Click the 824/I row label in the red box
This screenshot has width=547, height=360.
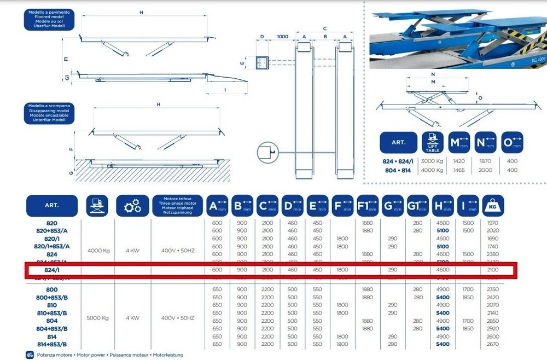[51, 270]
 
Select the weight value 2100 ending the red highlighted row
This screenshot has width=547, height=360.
[493, 270]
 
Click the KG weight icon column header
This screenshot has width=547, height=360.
[493, 206]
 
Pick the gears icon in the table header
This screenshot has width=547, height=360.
[132, 206]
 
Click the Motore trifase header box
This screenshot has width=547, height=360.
[176, 206]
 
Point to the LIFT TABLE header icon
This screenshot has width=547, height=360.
[433, 142]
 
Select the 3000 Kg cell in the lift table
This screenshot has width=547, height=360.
[433, 162]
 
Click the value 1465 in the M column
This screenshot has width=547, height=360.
[458, 170]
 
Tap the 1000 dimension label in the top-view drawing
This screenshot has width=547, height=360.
[282, 36]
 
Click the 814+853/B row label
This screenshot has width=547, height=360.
[51, 345]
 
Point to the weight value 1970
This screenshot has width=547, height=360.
[493, 223]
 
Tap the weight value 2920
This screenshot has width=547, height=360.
[493, 328]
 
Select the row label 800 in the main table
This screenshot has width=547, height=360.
[51, 289]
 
